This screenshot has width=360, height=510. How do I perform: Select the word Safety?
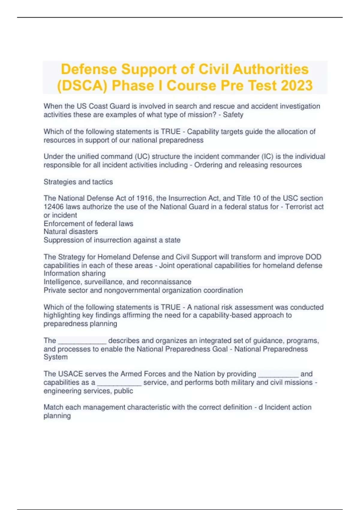click(233, 115)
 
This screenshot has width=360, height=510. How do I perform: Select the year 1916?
click(145, 198)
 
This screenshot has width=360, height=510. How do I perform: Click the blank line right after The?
click(82, 341)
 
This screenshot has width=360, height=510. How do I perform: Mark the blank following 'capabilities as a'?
click(119, 383)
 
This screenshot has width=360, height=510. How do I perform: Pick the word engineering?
click(61, 391)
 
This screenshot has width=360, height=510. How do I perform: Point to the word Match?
click(53, 407)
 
